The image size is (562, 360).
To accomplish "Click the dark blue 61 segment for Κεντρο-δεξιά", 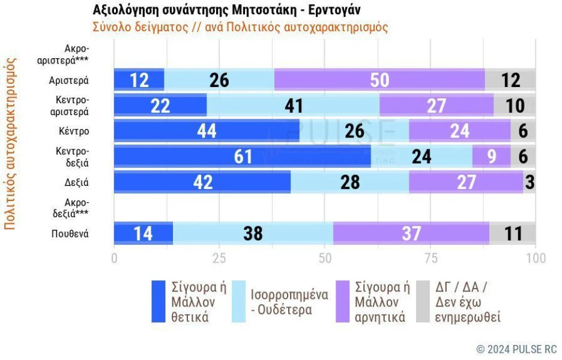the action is (243, 157).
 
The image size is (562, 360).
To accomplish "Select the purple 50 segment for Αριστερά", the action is (379, 80).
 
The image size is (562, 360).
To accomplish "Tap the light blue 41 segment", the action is (293, 106).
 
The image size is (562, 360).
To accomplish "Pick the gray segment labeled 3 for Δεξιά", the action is (530, 182).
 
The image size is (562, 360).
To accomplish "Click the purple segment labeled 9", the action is (491, 157).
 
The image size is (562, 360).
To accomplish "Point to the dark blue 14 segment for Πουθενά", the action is (144, 233).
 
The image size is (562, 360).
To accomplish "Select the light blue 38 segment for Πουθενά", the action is (253, 233).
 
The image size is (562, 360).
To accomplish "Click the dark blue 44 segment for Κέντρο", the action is (207, 131).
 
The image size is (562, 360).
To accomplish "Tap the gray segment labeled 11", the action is (513, 233).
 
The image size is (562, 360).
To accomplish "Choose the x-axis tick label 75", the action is (431, 258).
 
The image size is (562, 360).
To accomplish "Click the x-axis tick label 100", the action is (536, 258).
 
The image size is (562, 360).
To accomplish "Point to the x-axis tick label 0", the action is (114, 258).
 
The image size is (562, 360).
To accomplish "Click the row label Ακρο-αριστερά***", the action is (63, 55).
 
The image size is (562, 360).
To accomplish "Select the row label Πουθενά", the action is (70, 233).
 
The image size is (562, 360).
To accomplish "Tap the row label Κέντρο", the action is (74, 131).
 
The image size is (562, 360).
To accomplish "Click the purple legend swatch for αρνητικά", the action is (343, 301).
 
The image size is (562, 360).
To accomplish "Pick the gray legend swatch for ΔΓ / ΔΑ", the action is (423, 301).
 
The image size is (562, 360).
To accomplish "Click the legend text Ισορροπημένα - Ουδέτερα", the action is (289, 302).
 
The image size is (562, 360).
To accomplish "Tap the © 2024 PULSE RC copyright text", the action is (516, 349).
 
